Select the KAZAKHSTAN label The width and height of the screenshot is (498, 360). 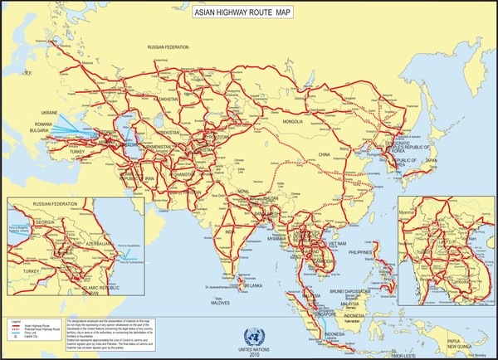tap(166, 100)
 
